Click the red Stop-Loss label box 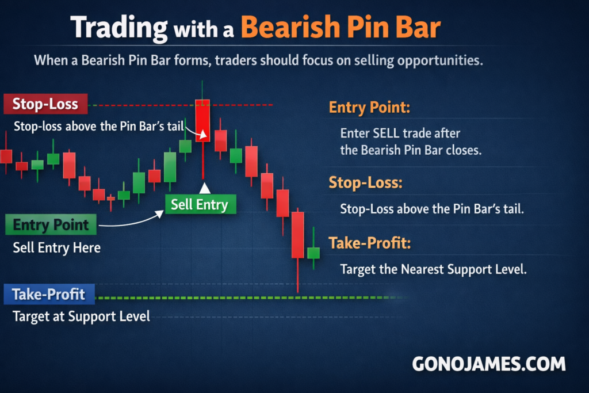(45, 104)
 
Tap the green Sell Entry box (201, 204)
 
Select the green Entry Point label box (51, 224)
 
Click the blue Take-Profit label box (49, 294)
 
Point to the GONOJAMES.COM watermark (489, 364)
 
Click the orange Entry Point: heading (369, 108)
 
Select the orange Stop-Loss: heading (365, 182)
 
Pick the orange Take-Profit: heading (370, 243)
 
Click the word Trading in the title (118, 28)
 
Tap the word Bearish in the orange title (290, 27)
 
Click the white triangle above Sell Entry (205, 188)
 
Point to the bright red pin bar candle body (202, 121)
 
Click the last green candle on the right (313, 253)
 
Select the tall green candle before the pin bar (170, 167)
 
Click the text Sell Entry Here (57, 248)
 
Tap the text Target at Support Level (81, 316)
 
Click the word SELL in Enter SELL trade (386, 133)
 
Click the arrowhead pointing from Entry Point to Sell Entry (160, 214)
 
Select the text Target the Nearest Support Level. (434, 269)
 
